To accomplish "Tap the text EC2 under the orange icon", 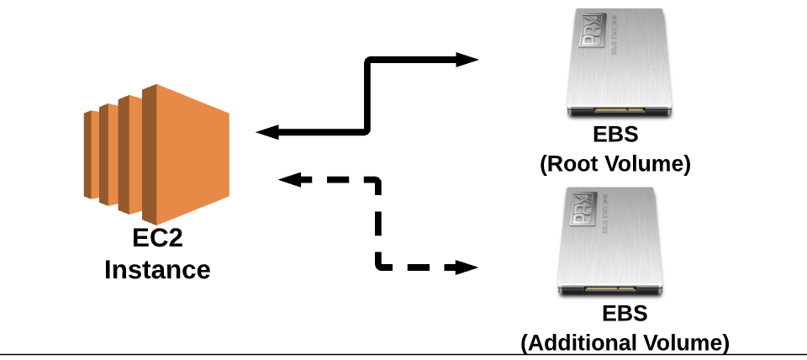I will (x=157, y=239).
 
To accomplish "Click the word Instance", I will (x=157, y=270).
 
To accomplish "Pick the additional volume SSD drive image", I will (x=614, y=242).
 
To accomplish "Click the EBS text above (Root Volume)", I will (x=615, y=135).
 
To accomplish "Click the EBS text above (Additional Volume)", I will (x=625, y=314).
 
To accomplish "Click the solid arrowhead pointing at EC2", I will (x=267, y=132).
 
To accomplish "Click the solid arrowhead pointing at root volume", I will (x=467, y=61).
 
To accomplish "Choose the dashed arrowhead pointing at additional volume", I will (x=467, y=268).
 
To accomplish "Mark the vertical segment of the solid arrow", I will (x=367, y=96).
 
